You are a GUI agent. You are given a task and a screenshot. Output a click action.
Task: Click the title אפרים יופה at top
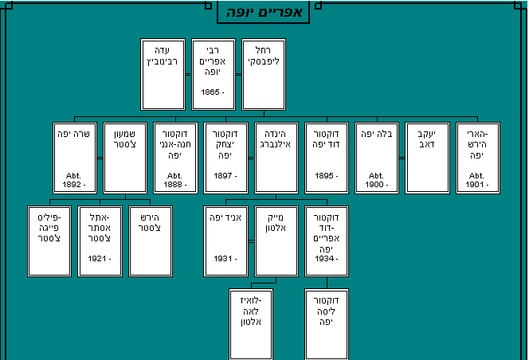(x=263, y=13)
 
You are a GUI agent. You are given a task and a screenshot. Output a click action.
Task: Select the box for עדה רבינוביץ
(x=163, y=74)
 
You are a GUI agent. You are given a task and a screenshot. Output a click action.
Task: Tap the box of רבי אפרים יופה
(x=213, y=74)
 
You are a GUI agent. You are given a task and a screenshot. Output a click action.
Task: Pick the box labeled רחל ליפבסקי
(x=264, y=74)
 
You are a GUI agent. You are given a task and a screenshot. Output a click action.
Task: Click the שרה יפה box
(x=74, y=158)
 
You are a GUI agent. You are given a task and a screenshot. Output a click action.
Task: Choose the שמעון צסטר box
(x=125, y=158)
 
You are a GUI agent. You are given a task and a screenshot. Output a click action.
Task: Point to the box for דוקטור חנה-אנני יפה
(x=175, y=158)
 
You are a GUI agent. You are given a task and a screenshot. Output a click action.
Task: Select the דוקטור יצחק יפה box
(x=225, y=158)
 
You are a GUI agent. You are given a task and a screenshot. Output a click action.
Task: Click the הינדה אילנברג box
(x=276, y=158)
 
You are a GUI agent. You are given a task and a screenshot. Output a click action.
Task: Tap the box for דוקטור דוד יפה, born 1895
(x=327, y=158)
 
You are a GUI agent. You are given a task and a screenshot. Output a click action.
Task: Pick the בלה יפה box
(x=377, y=158)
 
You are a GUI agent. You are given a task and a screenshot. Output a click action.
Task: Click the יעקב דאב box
(x=427, y=158)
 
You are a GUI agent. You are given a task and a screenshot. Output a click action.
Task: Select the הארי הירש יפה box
(x=478, y=158)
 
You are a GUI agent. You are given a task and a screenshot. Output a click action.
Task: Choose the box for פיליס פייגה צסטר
(x=49, y=241)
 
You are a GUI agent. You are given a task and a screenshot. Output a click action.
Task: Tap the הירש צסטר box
(x=151, y=241)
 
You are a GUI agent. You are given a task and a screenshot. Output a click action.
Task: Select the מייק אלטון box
(x=276, y=241)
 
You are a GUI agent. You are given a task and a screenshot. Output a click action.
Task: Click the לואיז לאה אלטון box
(x=250, y=325)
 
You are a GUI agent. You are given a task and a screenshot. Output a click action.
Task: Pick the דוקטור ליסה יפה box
(x=327, y=325)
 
